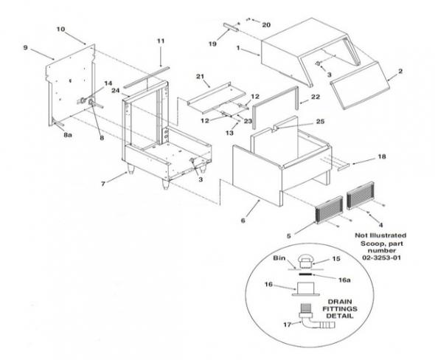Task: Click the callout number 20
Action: (x=266, y=25)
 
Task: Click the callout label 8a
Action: (x=67, y=136)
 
